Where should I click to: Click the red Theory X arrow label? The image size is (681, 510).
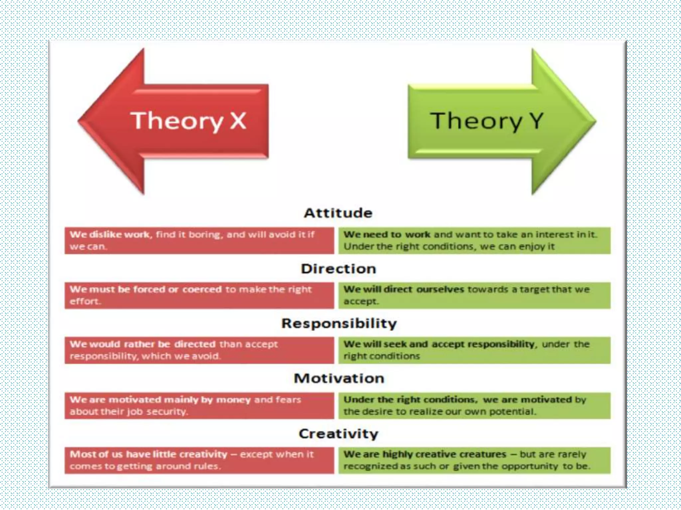[188, 121]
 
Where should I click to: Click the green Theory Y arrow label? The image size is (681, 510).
[486, 121]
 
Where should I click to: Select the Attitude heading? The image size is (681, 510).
[338, 213]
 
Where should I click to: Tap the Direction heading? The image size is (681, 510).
[338, 269]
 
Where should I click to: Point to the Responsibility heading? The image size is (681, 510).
[339, 323]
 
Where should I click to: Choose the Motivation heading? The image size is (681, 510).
[339, 379]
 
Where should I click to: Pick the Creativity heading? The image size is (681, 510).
[339, 434]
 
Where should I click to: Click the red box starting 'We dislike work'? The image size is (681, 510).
[199, 241]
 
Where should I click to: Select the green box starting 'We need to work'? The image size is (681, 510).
[474, 241]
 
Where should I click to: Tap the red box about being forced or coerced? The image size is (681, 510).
[199, 296]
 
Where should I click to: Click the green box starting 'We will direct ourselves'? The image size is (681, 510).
[474, 296]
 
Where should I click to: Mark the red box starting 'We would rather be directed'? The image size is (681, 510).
[199, 350]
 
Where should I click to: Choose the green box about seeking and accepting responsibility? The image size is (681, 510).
[474, 350]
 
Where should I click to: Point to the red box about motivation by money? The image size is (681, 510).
[199, 406]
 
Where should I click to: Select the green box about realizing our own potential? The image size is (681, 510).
[474, 406]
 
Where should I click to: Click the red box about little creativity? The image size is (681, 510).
[199, 461]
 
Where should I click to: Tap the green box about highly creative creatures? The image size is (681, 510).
[474, 461]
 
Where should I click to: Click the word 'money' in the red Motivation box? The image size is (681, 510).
[233, 400]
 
